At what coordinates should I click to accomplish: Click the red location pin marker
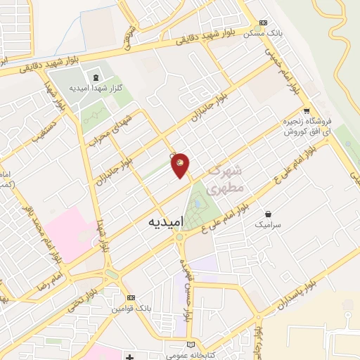click(180, 165)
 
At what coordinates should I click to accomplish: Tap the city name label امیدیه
click(167, 221)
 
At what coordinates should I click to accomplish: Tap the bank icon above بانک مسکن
click(264, 22)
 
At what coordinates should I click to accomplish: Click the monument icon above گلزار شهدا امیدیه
click(94, 77)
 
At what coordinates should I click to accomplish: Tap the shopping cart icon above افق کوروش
click(307, 110)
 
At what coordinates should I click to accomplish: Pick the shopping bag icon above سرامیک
click(269, 213)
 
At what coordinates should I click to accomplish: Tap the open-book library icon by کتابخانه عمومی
click(192, 345)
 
